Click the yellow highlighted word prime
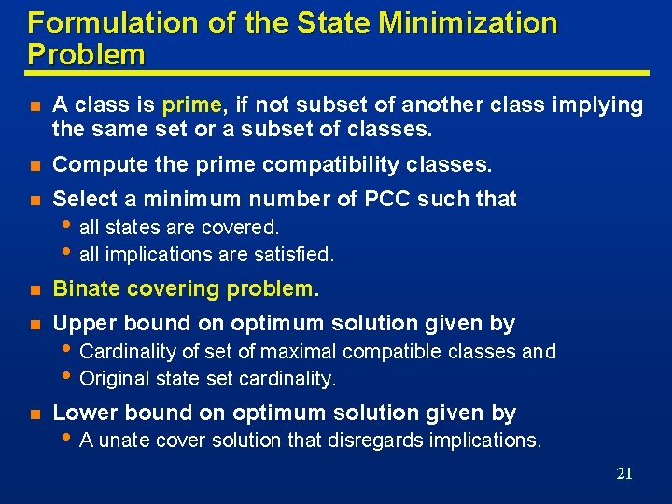191,105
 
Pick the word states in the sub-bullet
136,227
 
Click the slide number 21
624,474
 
